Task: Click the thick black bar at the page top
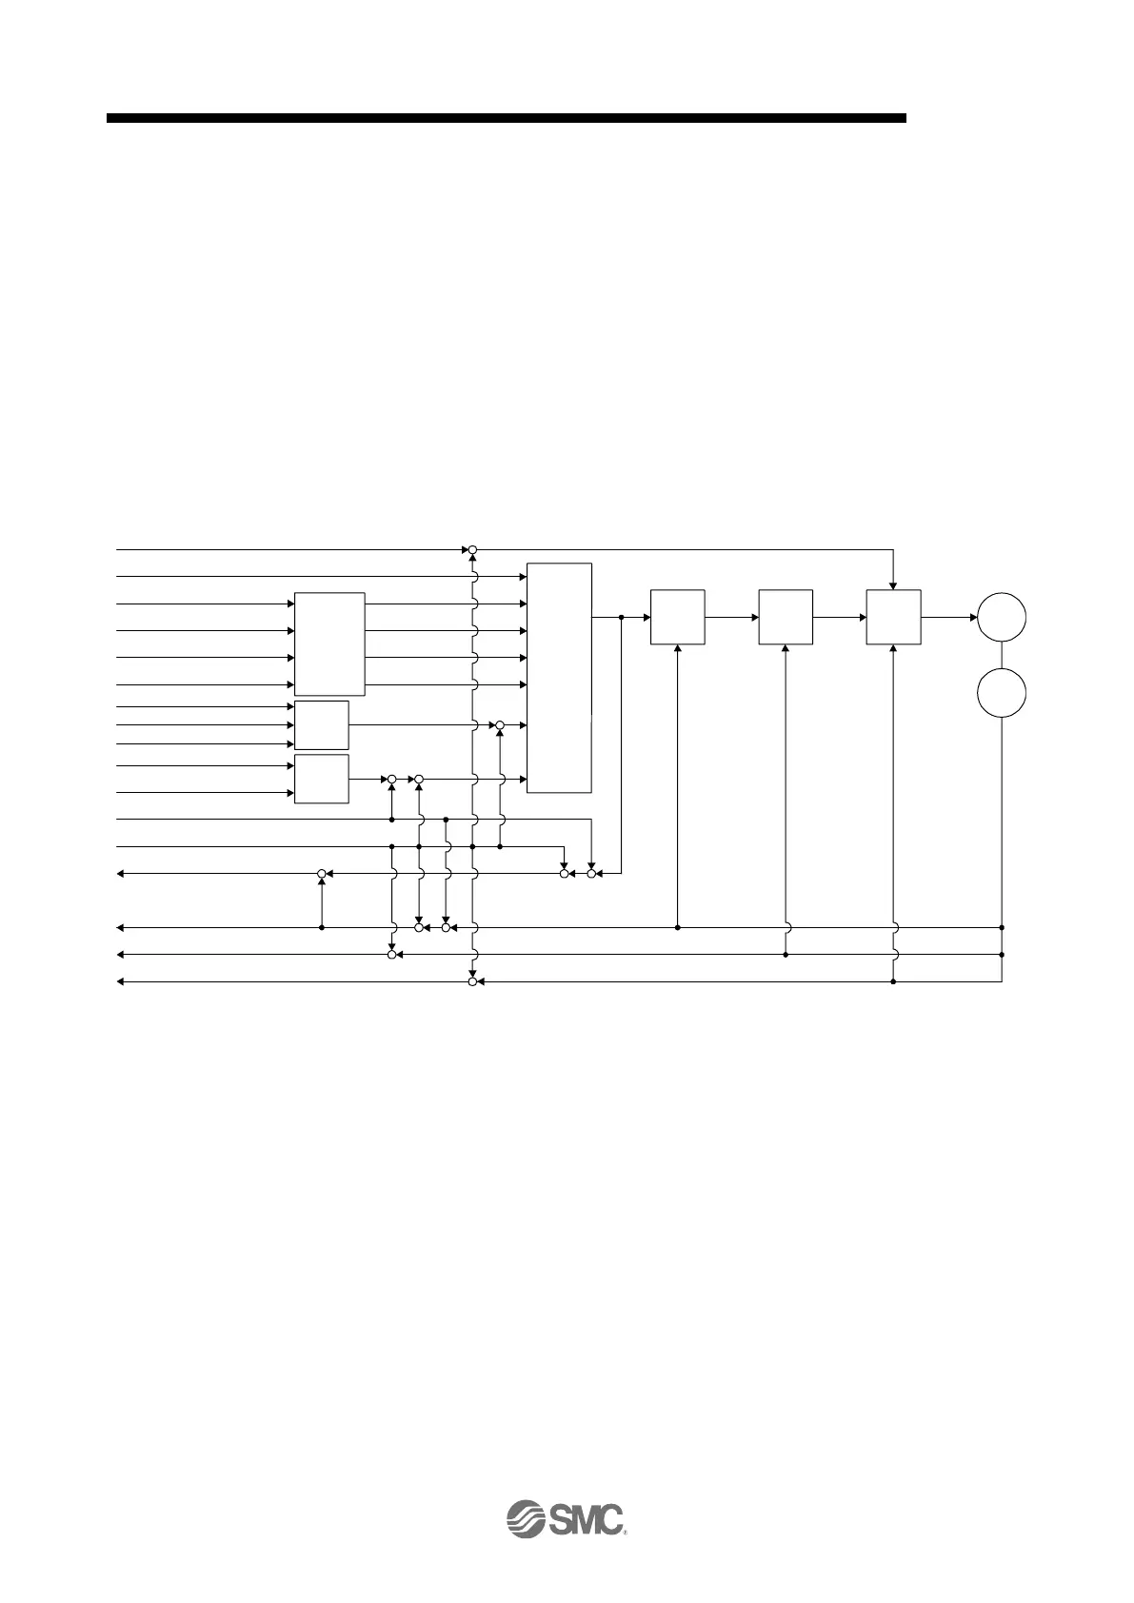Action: point(506,118)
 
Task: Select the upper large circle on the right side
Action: point(1002,617)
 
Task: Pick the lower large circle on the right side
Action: point(1002,696)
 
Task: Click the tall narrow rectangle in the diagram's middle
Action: point(559,677)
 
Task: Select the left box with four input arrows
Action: point(329,643)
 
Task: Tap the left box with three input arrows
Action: point(322,724)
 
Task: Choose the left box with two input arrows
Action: point(322,778)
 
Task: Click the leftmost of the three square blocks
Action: point(677,617)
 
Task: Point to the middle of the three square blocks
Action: point(786,617)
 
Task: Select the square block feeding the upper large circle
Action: point(893,617)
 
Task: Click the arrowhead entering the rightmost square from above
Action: point(893,584)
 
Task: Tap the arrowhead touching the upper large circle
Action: point(972,617)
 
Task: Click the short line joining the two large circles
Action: point(1002,657)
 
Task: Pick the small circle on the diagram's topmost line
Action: point(472,550)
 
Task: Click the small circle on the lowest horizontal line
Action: point(472,980)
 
